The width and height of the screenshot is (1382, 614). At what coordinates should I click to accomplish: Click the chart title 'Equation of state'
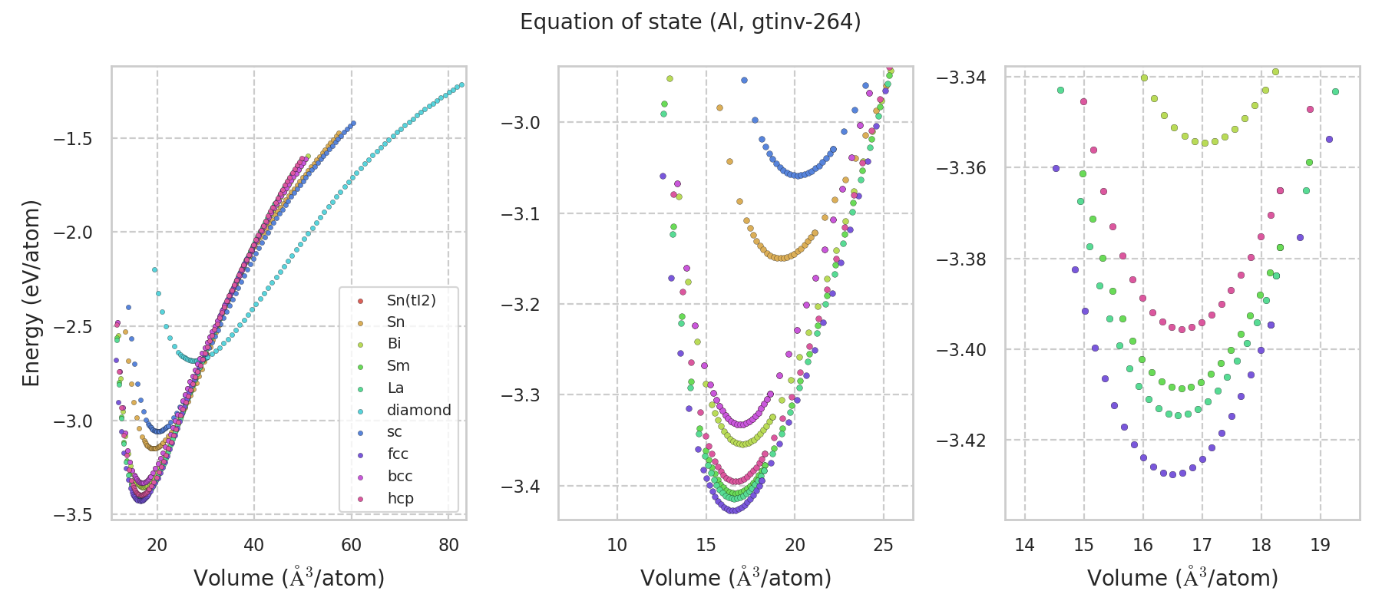[690, 22]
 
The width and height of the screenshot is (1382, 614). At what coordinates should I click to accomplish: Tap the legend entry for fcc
[398, 454]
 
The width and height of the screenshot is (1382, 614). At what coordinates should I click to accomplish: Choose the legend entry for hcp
[400, 498]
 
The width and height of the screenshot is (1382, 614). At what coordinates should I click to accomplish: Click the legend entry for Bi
[394, 344]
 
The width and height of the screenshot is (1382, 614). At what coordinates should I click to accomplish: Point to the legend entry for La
[395, 388]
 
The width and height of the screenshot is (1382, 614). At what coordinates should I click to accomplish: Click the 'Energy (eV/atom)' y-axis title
[31, 292]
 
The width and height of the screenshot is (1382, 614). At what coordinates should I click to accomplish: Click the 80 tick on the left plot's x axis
[448, 545]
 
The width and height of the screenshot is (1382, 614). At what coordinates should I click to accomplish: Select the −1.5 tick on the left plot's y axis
[73, 139]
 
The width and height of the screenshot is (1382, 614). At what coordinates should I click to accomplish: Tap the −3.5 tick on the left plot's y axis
[73, 514]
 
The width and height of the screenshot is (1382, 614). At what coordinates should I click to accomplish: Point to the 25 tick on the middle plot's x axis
[884, 545]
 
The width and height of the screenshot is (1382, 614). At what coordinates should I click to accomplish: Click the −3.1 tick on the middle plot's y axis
[521, 213]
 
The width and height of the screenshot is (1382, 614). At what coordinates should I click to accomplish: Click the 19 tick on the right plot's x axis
[1320, 545]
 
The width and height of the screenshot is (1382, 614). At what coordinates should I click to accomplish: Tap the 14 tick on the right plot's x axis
[1025, 545]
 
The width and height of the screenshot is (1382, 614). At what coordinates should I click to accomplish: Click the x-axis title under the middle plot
[736, 578]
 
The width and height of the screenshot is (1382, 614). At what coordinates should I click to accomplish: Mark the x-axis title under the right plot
[1182, 578]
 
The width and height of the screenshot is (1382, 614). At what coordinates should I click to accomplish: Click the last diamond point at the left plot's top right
[461, 84]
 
